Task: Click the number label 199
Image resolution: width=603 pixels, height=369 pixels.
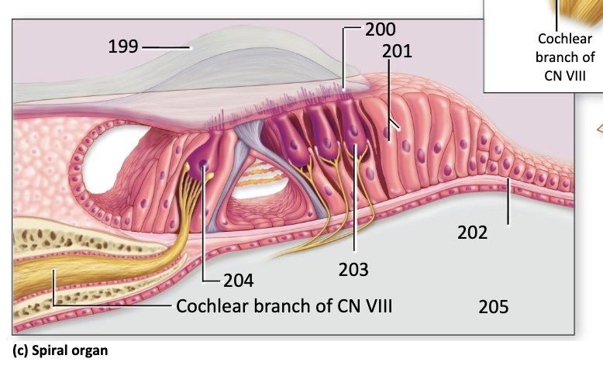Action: click(123, 47)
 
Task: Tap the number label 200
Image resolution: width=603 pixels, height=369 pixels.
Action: click(381, 29)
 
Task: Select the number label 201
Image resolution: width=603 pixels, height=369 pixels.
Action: click(397, 51)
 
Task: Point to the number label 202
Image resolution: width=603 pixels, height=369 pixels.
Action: click(472, 233)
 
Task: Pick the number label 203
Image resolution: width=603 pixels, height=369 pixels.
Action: click(353, 270)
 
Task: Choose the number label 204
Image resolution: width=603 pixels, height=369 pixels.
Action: click(239, 281)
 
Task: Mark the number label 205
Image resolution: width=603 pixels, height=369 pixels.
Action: click(494, 307)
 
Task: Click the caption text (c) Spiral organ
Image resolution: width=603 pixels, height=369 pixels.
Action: click(60, 350)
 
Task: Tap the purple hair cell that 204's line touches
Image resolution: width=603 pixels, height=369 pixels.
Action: click(202, 161)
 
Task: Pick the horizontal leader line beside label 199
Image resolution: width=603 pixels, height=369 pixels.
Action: click(166, 48)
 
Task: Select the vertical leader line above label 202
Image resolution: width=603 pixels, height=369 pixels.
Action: click(508, 202)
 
